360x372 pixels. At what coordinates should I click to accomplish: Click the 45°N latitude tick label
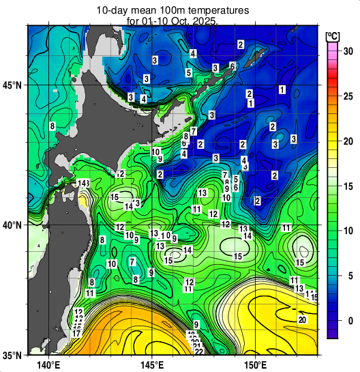(13, 85)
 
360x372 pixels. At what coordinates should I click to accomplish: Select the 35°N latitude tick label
(13, 355)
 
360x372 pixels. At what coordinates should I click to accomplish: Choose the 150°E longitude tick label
(256, 365)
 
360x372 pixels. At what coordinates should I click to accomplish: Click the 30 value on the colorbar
(346, 51)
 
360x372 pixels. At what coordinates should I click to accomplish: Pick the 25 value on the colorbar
(346, 96)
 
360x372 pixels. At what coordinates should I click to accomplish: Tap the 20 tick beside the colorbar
(346, 141)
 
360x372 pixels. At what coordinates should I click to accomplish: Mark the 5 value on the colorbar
(346, 276)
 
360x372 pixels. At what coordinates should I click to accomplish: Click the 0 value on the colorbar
(346, 321)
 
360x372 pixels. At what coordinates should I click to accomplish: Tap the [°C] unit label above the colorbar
(333, 35)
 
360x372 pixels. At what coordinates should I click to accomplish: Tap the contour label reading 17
(76, 334)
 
